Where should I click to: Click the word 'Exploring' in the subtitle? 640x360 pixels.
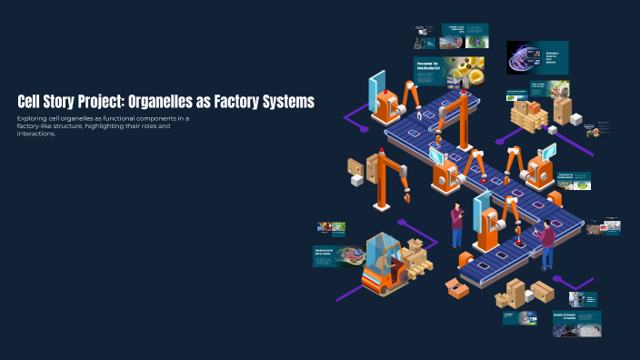34,118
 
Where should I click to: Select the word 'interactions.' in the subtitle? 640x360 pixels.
36,134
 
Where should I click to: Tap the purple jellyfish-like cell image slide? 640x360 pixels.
537,57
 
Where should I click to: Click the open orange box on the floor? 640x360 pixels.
457,288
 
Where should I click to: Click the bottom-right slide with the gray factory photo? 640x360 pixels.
575,323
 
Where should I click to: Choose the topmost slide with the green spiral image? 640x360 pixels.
465,35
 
